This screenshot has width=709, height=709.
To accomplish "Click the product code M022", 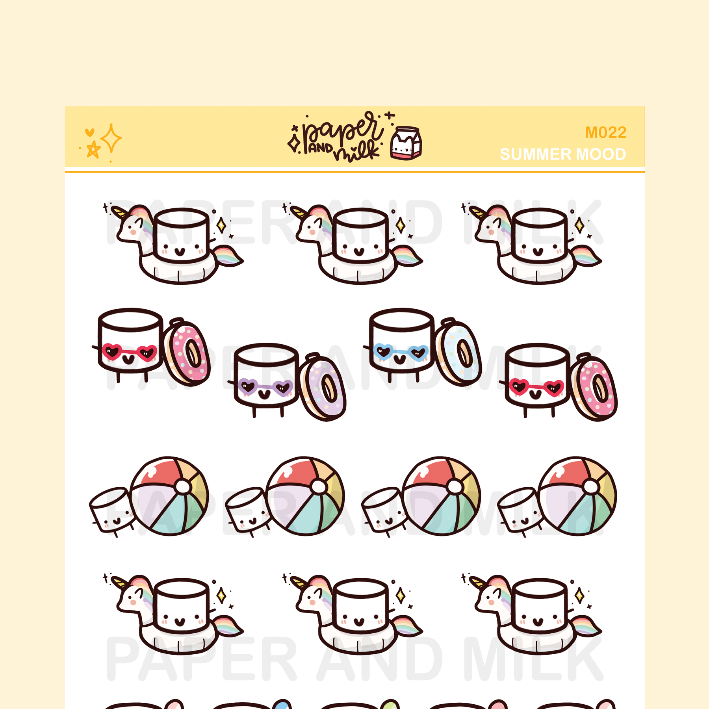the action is point(605,133).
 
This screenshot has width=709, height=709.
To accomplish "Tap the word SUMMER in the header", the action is point(536,154).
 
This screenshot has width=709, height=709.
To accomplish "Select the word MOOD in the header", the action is point(601,154).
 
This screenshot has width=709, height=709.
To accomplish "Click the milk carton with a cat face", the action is point(406,143).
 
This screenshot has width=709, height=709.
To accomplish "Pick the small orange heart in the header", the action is point(90,132).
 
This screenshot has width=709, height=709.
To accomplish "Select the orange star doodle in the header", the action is point(93,149).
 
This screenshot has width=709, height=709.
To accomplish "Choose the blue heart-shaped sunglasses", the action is point(401,351).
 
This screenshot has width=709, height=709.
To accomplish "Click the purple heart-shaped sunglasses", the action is point(265,387).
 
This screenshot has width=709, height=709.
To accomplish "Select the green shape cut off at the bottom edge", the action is point(390,704).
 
